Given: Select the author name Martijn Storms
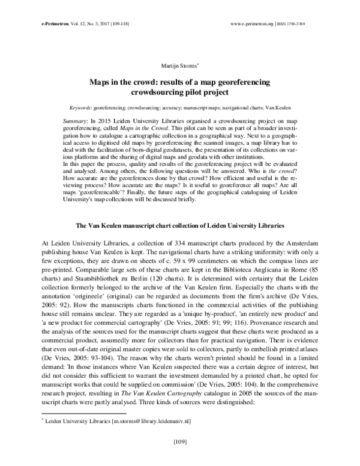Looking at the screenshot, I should pyautogui.click(x=179, y=65).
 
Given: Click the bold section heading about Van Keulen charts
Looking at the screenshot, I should pyautogui.click(x=179, y=225).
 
